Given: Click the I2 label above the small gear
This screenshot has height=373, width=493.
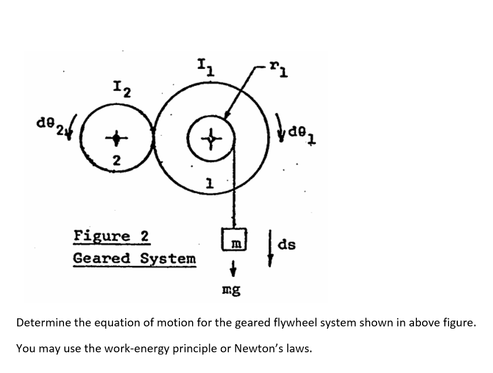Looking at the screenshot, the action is [x=122, y=89].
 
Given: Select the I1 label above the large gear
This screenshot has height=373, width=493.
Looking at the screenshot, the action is [x=206, y=67].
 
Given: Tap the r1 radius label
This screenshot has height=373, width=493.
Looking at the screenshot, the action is [x=279, y=70].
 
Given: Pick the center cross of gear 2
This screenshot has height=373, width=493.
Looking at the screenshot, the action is [x=116, y=138].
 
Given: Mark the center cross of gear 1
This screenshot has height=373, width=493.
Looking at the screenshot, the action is [x=211, y=139].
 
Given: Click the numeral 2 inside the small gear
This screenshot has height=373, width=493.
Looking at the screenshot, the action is [x=116, y=161].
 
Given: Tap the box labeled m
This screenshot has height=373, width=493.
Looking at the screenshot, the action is [x=234, y=239].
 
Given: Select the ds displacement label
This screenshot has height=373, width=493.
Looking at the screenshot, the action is [x=287, y=244].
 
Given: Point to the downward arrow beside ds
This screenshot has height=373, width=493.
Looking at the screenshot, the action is [x=270, y=248].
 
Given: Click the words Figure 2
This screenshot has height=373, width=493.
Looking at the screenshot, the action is [x=112, y=236].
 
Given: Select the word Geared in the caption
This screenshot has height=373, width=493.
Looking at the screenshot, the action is [x=101, y=258].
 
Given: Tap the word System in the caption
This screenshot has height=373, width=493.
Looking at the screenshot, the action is [x=168, y=259].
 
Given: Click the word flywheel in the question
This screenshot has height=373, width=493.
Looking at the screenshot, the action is [x=295, y=322].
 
